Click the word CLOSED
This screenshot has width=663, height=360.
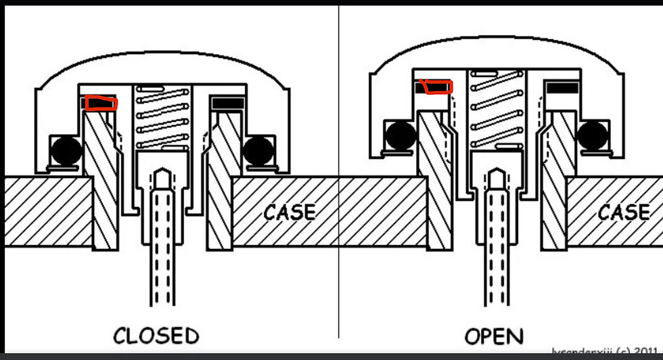coord(156,336)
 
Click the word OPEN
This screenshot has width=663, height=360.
coord(494,336)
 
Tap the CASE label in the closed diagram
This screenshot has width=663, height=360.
coord(290,212)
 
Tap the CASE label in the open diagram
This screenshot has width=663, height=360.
coord(623,212)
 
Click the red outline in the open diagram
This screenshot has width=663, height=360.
coord(436,87)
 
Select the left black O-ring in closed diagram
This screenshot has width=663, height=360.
coord(66,150)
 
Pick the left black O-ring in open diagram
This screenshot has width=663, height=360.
coord(399,135)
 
